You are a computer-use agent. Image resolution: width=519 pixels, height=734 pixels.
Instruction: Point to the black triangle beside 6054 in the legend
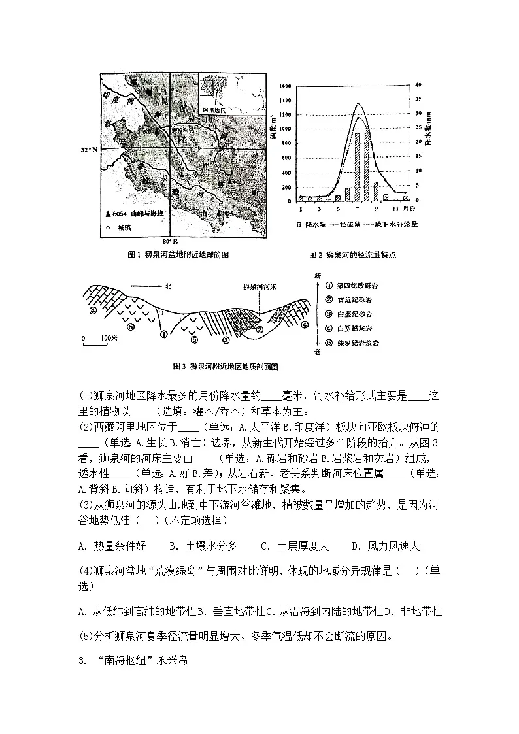109,214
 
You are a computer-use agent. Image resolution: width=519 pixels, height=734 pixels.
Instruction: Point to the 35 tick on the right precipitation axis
419,99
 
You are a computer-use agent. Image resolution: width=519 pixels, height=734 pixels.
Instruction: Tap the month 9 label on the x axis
376,209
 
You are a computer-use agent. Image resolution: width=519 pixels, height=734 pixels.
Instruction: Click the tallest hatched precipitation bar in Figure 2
358,167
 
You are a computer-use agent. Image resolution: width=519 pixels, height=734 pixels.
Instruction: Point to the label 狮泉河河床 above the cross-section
260,286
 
